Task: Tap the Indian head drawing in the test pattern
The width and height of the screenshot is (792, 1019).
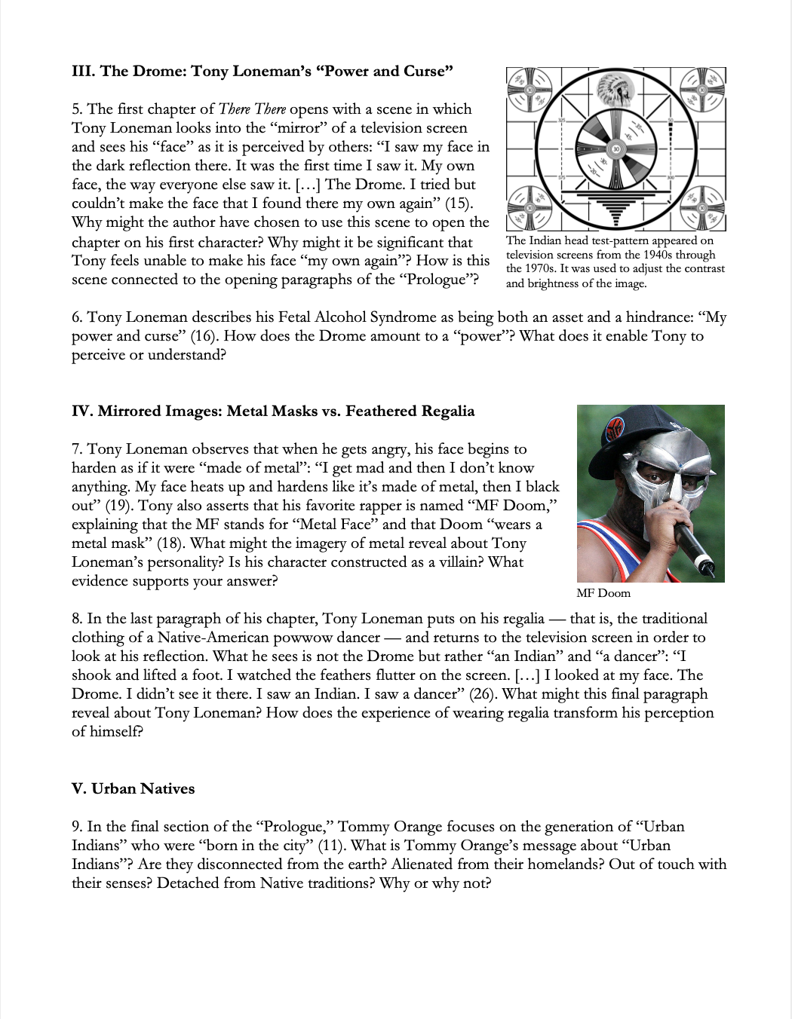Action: tap(615, 90)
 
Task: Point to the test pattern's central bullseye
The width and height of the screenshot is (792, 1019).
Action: tap(616, 148)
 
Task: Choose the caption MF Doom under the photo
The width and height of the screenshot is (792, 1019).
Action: tap(603, 593)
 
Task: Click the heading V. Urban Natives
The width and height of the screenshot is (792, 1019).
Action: tap(133, 789)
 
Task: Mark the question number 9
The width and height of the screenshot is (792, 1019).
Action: tap(77, 827)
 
